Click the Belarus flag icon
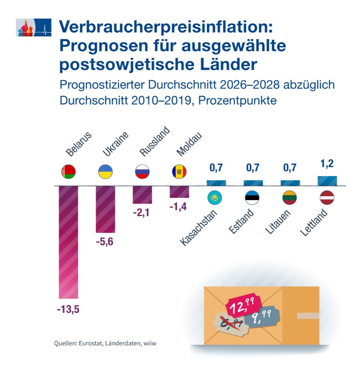tap(68, 172)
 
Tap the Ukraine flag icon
tap(105, 172)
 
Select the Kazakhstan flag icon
tap(215, 198)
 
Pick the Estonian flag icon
tap(252, 198)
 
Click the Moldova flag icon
tap(179, 172)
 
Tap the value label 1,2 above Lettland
tap(327, 164)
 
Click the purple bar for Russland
tap(142, 195)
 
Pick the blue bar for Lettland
tap(327, 181)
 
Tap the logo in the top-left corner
tap(33, 27)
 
